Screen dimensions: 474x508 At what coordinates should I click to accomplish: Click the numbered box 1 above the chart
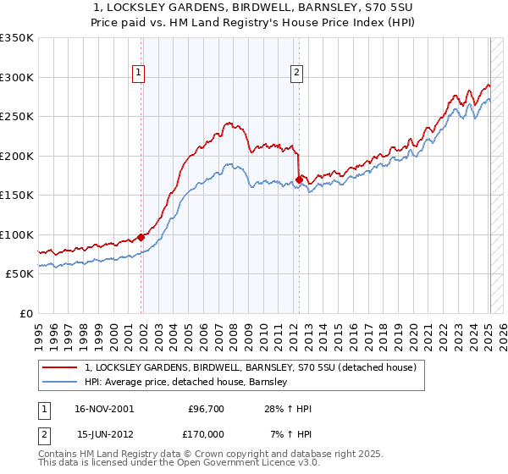[138, 74]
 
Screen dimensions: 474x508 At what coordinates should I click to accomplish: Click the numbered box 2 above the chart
[297, 74]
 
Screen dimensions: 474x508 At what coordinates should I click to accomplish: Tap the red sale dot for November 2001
[141, 237]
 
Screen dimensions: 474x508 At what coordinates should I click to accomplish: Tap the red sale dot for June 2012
[300, 179]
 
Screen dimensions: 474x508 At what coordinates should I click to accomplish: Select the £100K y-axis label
[17, 234]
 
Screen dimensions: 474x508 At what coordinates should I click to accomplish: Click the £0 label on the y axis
[25, 313]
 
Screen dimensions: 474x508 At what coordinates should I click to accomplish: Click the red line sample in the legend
[60, 368]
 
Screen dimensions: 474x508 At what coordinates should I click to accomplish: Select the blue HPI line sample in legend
[60, 383]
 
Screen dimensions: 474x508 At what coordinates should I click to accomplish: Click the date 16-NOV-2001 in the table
[105, 409]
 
